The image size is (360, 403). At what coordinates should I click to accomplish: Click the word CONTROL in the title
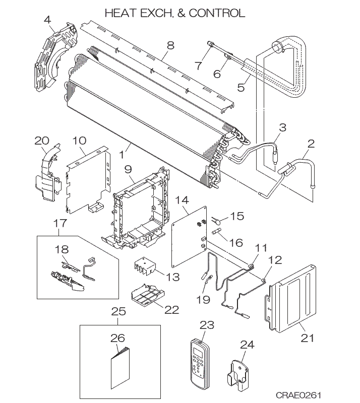tap(217, 13)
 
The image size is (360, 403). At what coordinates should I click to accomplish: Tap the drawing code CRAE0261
tap(298, 394)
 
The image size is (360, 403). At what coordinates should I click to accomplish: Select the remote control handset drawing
tap(200, 362)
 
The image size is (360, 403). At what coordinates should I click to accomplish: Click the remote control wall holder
tap(238, 375)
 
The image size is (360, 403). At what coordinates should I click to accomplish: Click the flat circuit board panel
tap(189, 236)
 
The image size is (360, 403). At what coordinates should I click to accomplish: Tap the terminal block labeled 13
tap(145, 268)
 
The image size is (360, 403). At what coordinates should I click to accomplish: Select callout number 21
tap(308, 337)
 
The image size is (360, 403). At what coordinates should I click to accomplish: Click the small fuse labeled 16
tap(217, 233)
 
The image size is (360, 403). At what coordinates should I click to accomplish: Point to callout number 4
tap(47, 20)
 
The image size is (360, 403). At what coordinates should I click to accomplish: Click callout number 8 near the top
tap(170, 45)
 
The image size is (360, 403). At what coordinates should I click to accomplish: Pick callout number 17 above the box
tap(60, 223)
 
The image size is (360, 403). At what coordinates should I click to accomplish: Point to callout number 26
tap(118, 338)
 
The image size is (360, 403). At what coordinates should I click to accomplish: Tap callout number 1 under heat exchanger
tap(123, 155)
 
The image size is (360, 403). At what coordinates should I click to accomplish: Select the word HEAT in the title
tap(121, 13)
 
